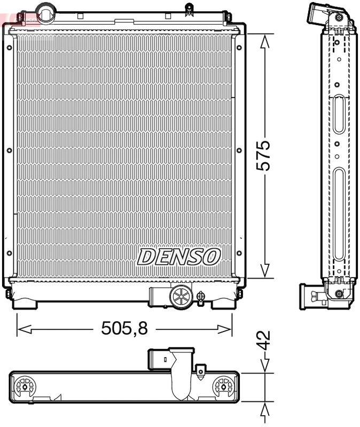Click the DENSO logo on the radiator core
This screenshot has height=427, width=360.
coord(178,257)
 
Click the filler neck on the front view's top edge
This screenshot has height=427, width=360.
coord(46,10)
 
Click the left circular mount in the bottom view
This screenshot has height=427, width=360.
coord(25,385)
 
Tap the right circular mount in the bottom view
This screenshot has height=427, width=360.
coord(223,385)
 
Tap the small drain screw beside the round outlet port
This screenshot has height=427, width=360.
coord(201,296)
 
